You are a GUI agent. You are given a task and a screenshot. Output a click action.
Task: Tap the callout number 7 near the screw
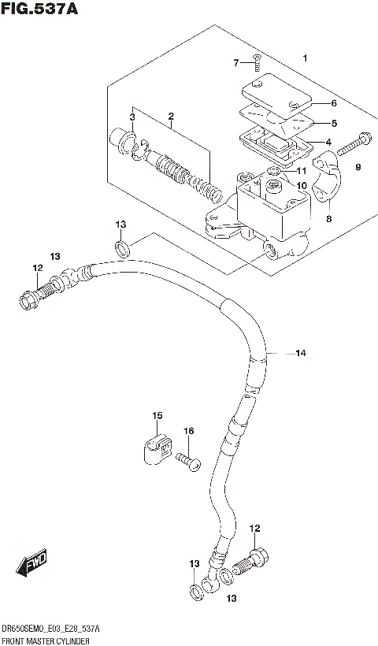235,63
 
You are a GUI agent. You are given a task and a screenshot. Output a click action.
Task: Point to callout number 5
334,123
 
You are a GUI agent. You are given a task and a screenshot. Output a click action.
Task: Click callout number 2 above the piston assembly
171,119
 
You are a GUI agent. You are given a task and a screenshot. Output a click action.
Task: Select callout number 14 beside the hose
300,353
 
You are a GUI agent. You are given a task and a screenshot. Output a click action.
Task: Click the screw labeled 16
188,461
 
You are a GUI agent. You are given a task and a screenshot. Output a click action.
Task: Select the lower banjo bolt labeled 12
254,562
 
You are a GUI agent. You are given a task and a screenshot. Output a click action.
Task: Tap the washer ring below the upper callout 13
124,251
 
